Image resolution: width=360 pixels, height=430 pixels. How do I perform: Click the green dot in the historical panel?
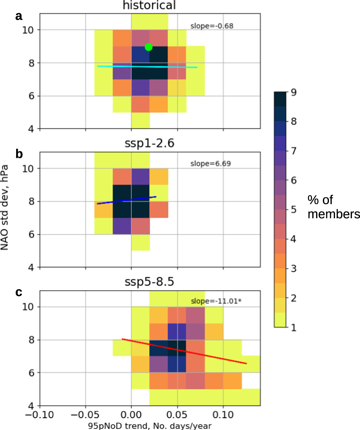pos(149,47)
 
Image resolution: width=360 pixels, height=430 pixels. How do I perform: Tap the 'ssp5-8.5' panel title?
pos(149,282)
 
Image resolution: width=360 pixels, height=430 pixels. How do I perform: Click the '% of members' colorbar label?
pos(332,207)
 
